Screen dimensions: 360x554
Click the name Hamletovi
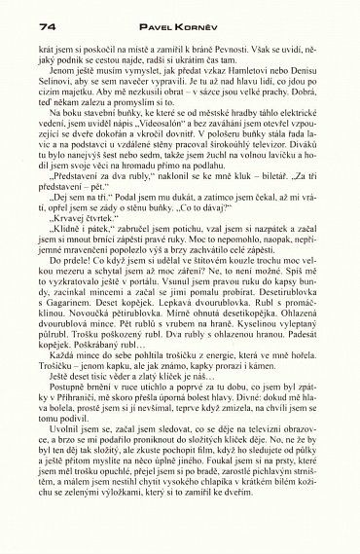249,96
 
